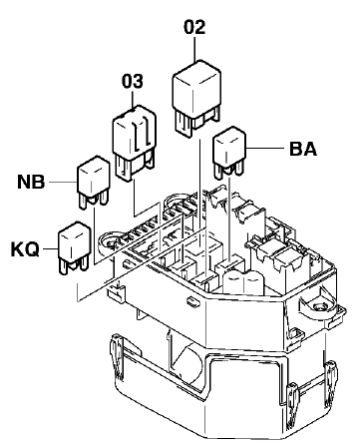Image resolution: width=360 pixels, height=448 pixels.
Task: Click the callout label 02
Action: click(194, 27)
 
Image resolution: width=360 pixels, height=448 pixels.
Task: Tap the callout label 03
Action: click(133, 81)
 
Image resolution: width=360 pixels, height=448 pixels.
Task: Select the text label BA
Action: click(303, 149)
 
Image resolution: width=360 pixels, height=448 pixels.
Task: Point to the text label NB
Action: click(31, 182)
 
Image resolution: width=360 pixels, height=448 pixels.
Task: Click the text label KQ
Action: click(26, 249)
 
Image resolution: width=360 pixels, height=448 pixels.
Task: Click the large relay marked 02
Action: click(196, 97)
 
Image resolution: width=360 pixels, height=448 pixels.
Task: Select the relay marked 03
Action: click(135, 142)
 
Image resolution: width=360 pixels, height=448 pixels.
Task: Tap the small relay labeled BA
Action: click(229, 151)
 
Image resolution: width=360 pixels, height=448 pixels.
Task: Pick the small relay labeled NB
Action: click(94, 182)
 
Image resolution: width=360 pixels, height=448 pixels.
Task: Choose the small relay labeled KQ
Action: click(75, 247)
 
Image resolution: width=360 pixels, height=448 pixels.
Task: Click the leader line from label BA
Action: click(266, 148)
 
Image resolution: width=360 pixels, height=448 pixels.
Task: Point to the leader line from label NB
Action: click(63, 182)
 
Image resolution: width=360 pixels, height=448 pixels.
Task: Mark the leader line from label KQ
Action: click(50, 248)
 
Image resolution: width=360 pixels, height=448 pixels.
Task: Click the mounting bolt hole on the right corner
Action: click(321, 307)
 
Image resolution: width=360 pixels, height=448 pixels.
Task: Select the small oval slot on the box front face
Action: click(191, 301)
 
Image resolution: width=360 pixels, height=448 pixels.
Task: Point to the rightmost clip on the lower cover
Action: click(331, 383)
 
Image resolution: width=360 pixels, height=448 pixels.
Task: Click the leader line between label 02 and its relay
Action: click(194, 48)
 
